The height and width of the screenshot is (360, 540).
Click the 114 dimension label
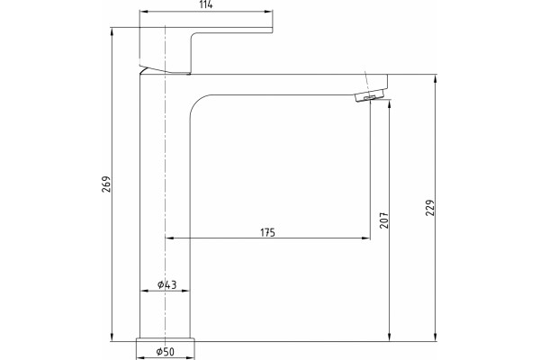[206, 4]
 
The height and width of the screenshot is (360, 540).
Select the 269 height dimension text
[106, 184]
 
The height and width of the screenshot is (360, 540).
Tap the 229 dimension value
[430, 207]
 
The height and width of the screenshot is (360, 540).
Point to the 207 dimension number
[383, 220]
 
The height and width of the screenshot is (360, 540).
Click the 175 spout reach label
[267, 233]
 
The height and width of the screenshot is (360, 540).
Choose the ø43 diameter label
[166, 284]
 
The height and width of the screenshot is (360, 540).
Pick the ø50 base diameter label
[166, 352]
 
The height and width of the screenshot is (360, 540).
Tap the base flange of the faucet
[166, 348]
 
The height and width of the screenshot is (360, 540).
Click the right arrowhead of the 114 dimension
[268, 12]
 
